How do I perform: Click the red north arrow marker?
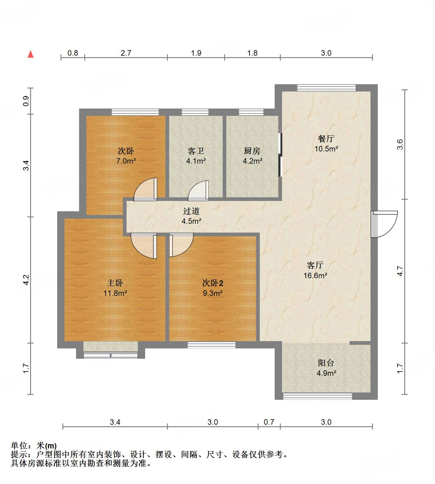point(30,54)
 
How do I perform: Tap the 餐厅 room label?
point(326,139)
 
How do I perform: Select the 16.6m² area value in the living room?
point(315,275)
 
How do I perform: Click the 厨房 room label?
point(252,151)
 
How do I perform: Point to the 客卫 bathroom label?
point(196,151)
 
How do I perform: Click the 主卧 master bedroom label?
point(115,283)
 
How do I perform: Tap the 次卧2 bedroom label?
point(213,283)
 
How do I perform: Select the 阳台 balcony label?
point(326,363)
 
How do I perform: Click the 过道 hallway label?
point(191,211)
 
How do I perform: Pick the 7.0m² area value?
point(126,161)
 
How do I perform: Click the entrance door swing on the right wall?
point(385,224)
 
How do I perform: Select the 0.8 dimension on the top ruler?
point(73,53)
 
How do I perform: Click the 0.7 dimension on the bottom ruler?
point(269,422)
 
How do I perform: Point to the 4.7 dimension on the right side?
point(400,271)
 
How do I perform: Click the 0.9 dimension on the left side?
point(26,101)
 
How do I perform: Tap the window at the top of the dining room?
point(326,88)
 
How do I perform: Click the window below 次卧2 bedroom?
point(211,345)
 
